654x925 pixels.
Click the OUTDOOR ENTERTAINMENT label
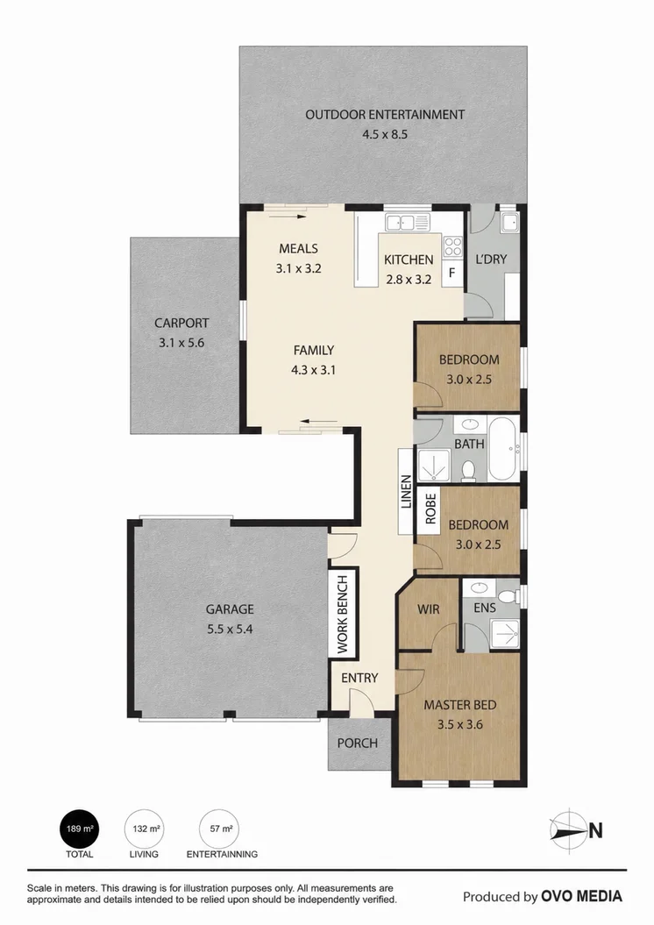click(385, 115)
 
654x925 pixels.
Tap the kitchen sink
click(408, 223)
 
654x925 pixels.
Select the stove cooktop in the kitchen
click(453, 246)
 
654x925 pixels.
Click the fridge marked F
click(451, 274)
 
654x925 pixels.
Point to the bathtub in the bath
click(503, 449)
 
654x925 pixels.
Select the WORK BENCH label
click(343, 615)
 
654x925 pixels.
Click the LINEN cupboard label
click(406, 492)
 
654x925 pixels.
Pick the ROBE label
click(430, 509)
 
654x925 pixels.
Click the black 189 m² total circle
click(80, 829)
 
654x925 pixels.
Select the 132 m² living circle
click(144, 829)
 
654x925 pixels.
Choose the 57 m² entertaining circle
click(219, 829)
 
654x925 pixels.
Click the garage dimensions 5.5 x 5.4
click(230, 629)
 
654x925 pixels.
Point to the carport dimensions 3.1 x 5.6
click(181, 343)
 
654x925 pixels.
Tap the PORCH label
click(358, 744)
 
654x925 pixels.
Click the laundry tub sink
click(508, 223)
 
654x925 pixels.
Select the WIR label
click(428, 608)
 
